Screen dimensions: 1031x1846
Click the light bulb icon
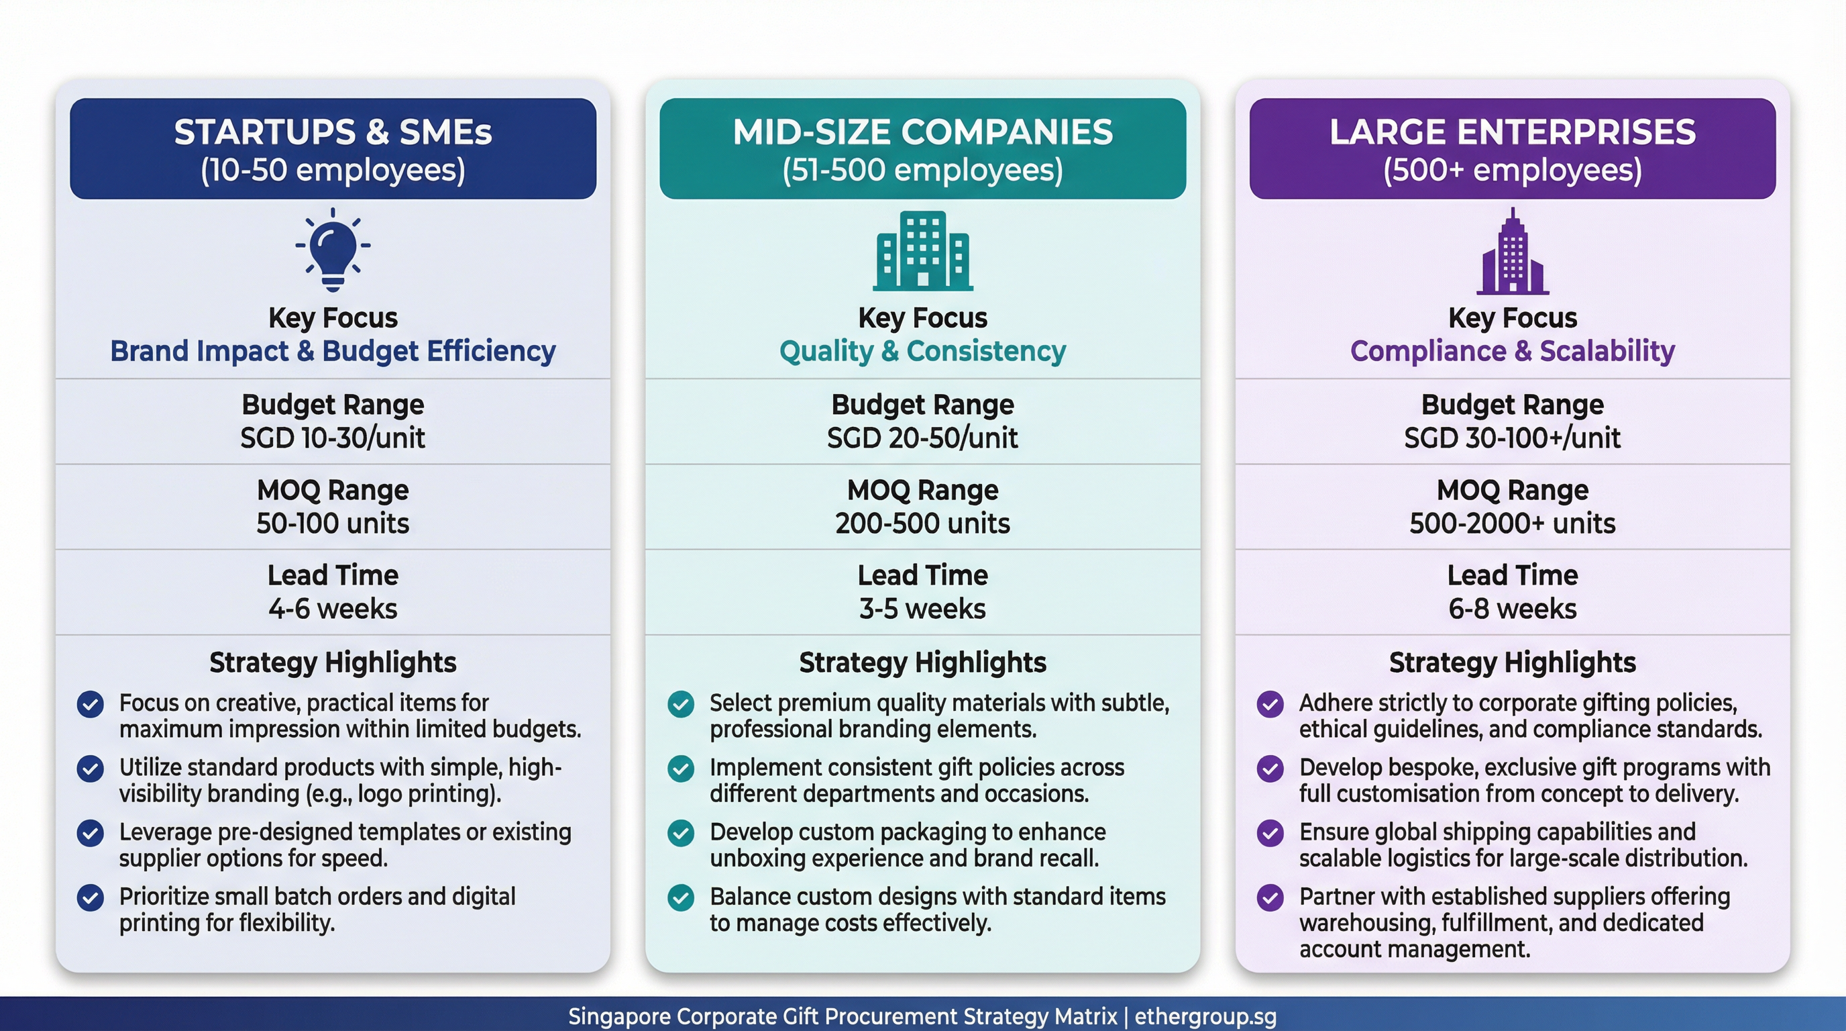333,249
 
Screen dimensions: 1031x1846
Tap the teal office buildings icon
922,250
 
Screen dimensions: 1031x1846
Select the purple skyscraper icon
1512,252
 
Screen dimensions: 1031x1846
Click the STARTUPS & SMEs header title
333,133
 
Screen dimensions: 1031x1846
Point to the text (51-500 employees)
922,170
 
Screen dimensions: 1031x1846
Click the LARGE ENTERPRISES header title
1512,133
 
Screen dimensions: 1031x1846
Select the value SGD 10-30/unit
333,438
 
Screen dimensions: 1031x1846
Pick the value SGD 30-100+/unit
1512,438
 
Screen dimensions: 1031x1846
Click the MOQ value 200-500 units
922,524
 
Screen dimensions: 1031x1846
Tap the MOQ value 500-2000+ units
1512,524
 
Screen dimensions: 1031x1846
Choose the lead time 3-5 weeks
922,609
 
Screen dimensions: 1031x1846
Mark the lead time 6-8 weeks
1512,609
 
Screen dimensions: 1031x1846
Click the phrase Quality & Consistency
922,351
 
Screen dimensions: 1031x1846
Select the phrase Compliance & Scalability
1512,351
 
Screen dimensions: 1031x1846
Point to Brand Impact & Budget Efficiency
333,351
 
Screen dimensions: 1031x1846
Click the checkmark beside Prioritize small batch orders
91,897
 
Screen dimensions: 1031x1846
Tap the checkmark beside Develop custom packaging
681,833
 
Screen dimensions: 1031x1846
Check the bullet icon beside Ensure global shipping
1270,833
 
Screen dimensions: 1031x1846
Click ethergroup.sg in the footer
1205,1017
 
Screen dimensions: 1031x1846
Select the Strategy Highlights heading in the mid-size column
922,662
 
